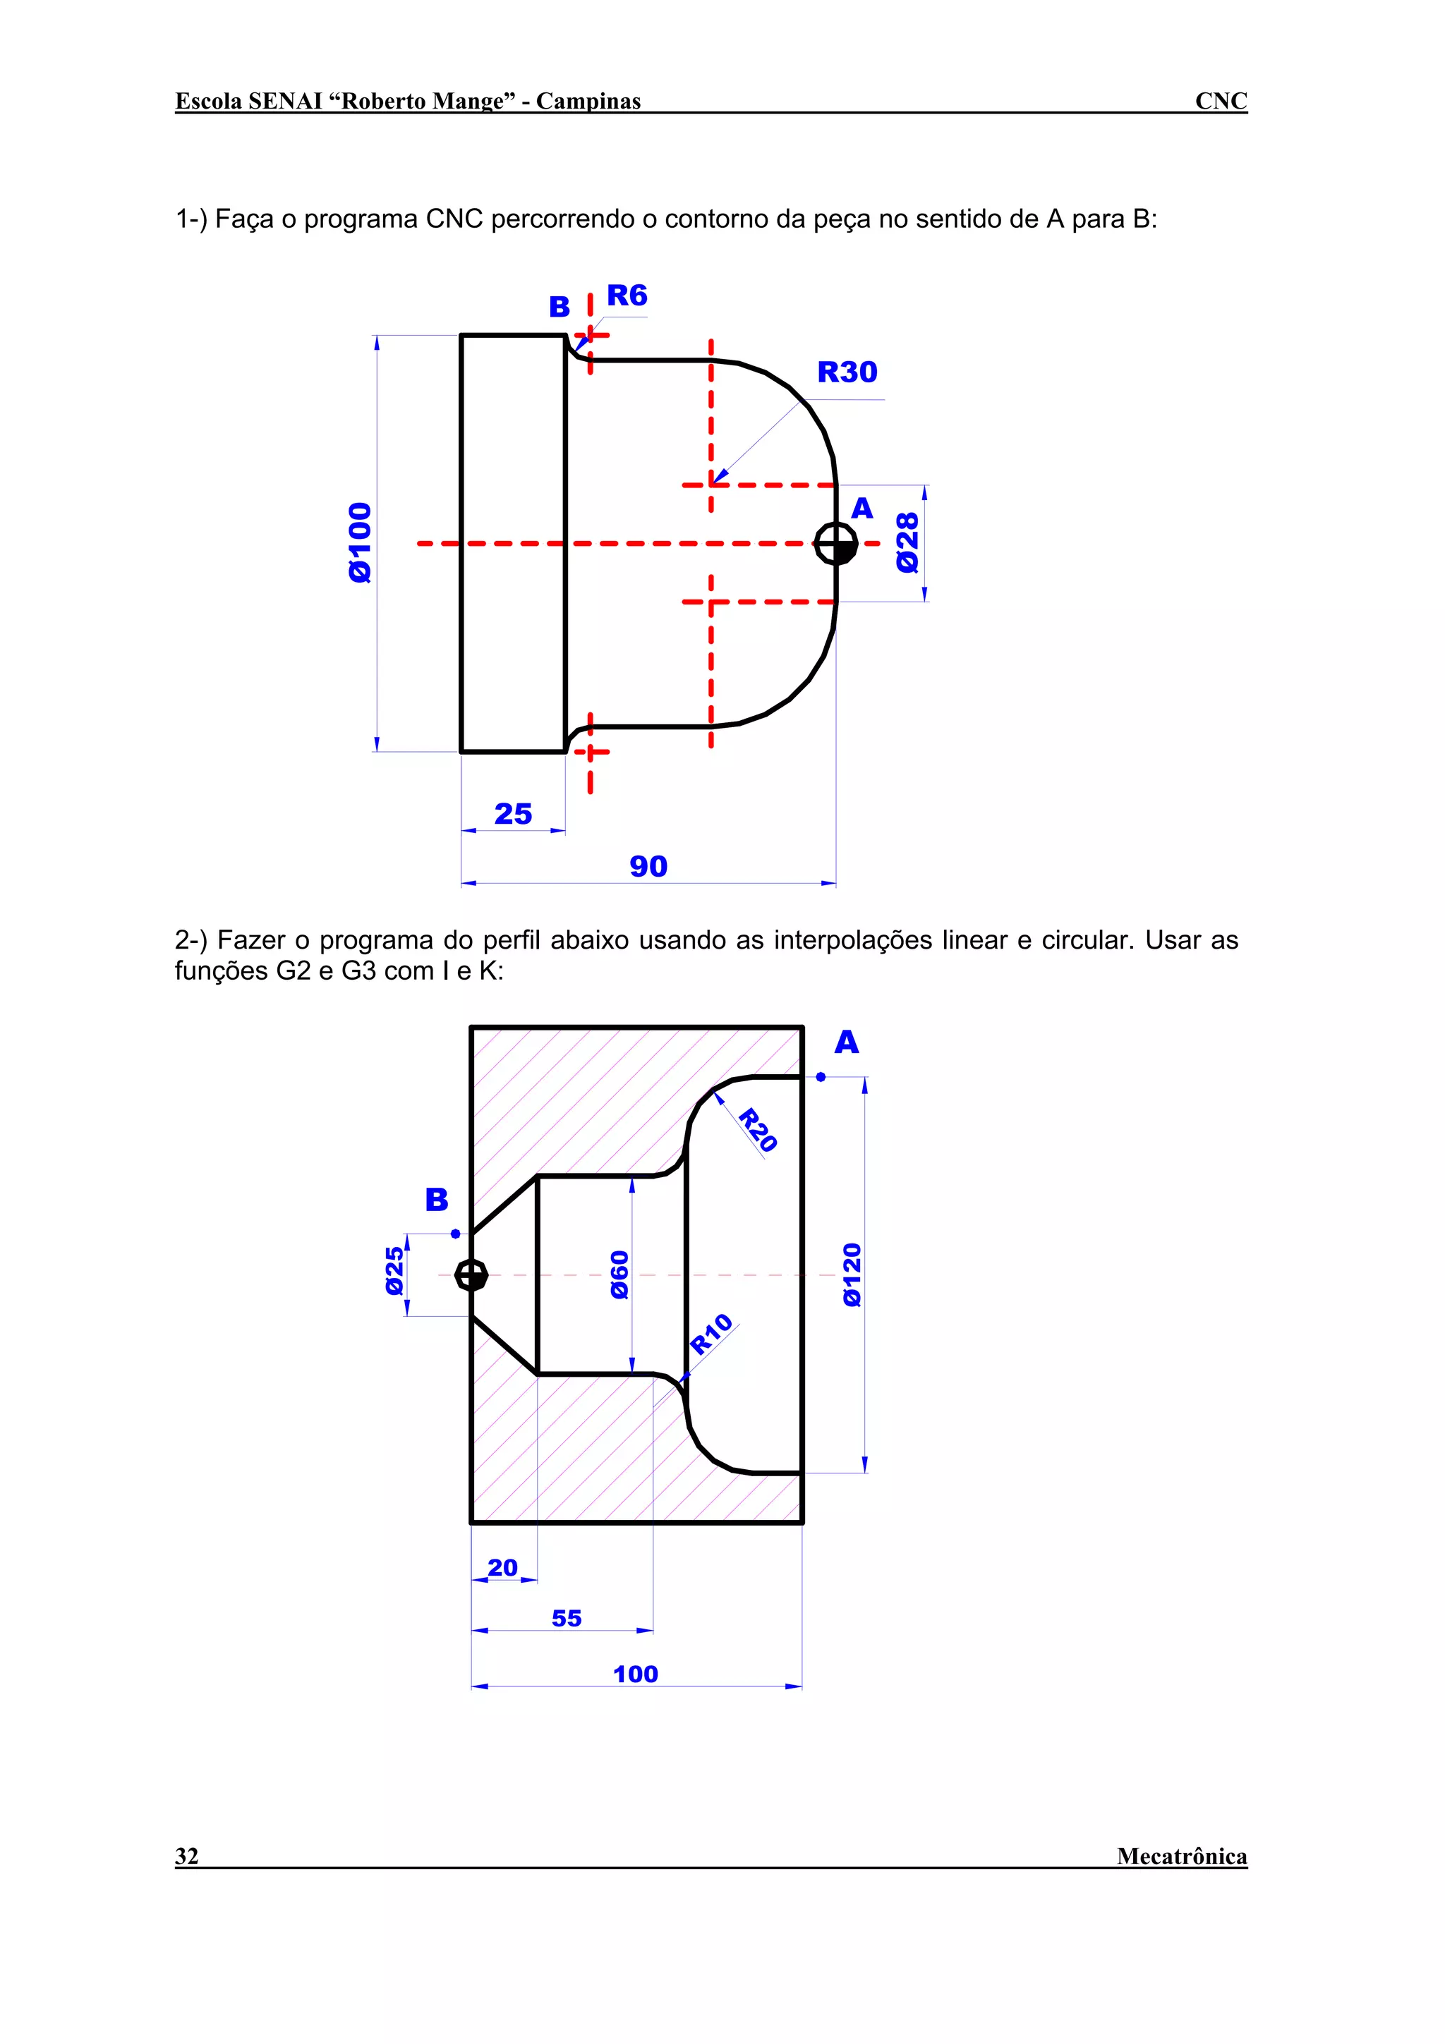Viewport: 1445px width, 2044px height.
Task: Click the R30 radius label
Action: [847, 372]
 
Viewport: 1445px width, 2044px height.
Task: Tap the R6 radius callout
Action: [627, 296]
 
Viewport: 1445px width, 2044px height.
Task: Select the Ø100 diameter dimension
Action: [360, 542]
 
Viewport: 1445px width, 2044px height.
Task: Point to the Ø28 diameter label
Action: [907, 542]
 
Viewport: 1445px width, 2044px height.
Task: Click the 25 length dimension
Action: [513, 814]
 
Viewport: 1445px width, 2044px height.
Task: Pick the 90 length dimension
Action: [648, 866]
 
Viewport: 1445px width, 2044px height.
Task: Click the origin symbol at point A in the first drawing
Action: [836, 543]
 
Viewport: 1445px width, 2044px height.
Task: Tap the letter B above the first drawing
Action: [559, 307]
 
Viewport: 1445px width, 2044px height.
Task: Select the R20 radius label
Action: [758, 1130]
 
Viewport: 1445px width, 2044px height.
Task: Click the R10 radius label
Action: [711, 1334]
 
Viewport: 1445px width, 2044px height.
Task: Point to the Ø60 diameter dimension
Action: [619, 1275]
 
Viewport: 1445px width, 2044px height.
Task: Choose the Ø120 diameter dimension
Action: [852, 1275]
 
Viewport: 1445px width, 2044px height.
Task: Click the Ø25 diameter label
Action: [394, 1271]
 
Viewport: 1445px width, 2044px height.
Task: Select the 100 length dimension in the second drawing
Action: [636, 1674]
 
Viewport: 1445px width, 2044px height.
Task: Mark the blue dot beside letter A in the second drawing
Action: [821, 1077]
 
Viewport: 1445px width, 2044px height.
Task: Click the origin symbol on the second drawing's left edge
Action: [471, 1275]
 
